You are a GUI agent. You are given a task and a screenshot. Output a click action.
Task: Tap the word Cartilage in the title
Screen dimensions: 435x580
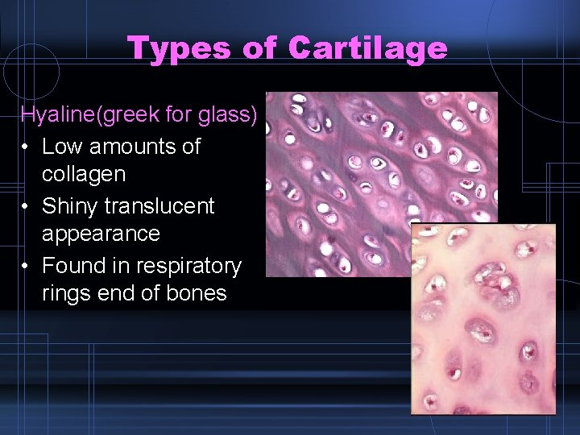pyautogui.click(x=367, y=48)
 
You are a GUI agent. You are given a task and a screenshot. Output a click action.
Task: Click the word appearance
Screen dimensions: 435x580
pyautogui.click(x=101, y=234)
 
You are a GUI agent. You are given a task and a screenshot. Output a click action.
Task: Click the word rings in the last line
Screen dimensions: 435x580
pyautogui.click(x=67, y=293)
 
